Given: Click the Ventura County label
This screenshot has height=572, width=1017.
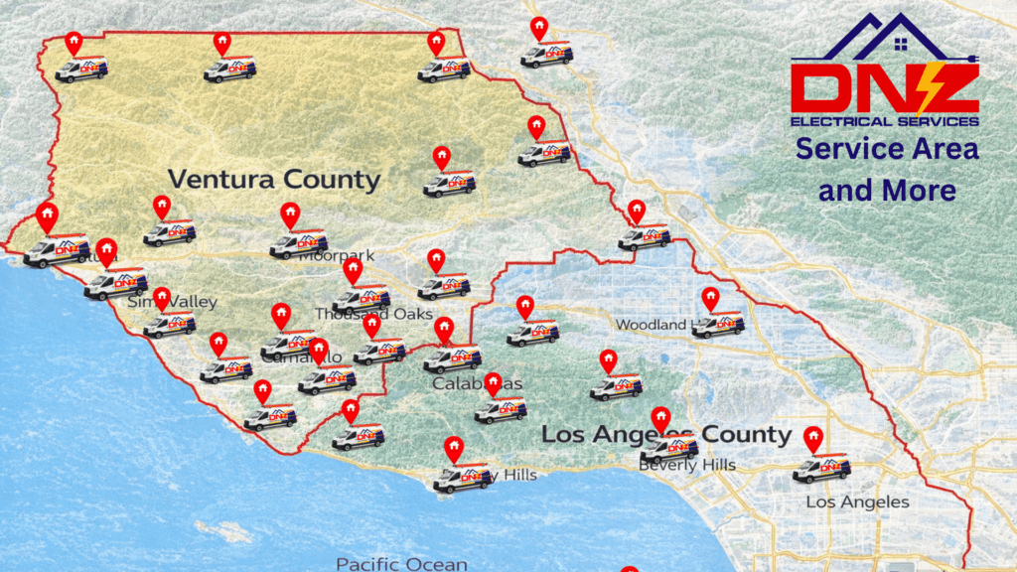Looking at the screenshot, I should [x=273, y=180].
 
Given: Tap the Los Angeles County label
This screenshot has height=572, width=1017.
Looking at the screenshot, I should [x=666, y=435].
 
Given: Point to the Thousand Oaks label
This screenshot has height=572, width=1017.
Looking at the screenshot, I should [x=374, y=314].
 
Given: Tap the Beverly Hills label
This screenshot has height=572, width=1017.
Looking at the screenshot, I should [x=687, y=465].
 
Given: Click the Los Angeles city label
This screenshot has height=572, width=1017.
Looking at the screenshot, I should [x=857, y=501].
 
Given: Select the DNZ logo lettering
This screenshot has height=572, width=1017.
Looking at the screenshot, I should [x=884, y=87].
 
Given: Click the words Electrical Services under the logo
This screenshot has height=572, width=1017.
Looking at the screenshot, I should [x=884, y=121].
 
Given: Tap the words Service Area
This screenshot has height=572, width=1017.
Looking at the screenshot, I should [x=887, y=149].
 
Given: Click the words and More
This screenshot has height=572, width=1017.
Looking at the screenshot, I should [x=887, y=189].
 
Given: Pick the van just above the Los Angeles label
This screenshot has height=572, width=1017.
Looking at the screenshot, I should [x=821, y=468].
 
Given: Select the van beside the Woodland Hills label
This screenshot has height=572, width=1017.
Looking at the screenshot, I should [x=718, y=325].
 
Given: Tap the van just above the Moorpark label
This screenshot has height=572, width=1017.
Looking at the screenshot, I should [x=298, y=242].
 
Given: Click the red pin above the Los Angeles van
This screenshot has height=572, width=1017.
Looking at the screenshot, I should [x=813, y=437].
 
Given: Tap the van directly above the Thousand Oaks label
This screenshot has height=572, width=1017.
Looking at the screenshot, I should [x=361, y=297].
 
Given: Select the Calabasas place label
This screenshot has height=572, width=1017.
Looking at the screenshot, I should [x=477, y=383].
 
